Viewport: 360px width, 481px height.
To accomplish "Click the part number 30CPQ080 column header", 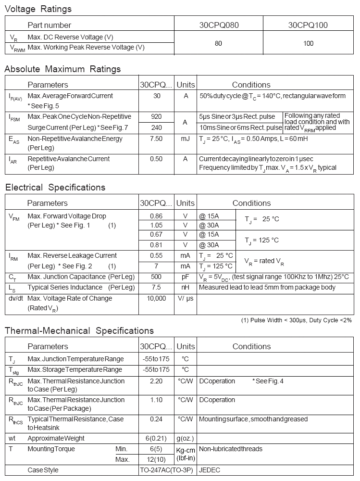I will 219,25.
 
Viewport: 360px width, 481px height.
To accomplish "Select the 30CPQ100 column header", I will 308,25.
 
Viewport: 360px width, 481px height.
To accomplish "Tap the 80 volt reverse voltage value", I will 218,43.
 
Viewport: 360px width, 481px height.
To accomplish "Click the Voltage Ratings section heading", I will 38,9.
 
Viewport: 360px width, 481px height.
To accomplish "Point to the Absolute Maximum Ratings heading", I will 62,69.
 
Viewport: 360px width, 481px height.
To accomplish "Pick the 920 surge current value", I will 156,116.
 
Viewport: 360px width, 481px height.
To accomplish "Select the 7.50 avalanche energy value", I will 156,139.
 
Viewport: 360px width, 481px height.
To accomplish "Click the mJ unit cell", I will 186,139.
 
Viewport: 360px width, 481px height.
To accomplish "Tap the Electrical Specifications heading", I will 55,187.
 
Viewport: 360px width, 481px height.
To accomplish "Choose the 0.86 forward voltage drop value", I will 156,216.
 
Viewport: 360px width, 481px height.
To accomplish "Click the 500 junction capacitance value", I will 156,277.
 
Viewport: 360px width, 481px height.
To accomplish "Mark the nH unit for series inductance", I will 186,287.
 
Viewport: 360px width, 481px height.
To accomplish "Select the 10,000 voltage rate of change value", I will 156,298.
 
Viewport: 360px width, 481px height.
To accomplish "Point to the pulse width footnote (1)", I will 297,320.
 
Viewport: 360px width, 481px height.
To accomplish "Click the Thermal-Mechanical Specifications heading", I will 79,330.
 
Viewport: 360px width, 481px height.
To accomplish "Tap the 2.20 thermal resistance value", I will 156,381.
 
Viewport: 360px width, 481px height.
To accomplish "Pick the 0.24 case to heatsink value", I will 156,419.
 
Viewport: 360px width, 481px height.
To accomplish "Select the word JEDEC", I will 210,470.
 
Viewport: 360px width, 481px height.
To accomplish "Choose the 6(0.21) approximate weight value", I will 156,438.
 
